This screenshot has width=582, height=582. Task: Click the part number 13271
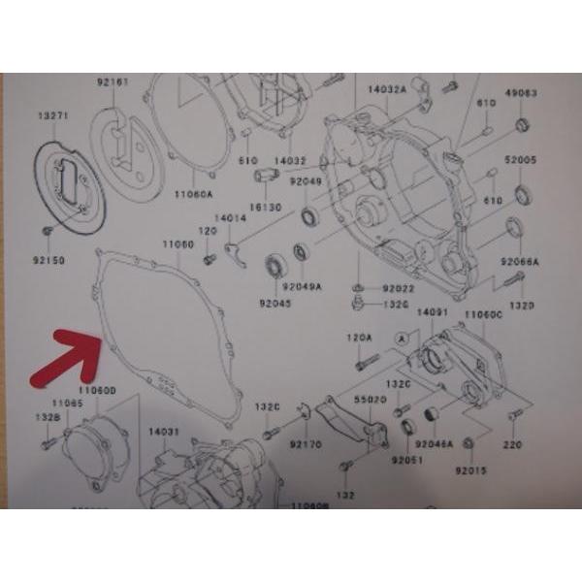coord(53,115)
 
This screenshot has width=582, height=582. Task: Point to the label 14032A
coord(386,89)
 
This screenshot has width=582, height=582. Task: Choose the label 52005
coord(520,158)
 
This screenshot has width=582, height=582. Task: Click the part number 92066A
coord(520,262)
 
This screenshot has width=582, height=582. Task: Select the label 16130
coord(264,208)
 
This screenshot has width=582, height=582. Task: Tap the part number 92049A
coord(302,287)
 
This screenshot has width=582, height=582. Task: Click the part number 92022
coord(397,288)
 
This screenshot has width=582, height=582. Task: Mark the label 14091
coord(432,313)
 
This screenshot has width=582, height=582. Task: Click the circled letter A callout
coord(399,336)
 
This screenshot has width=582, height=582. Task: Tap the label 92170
coord(306,446)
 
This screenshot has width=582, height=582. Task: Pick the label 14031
coord(164,431)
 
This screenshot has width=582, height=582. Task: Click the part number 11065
coord(67,402)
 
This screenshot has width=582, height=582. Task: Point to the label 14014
coord(228,219)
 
